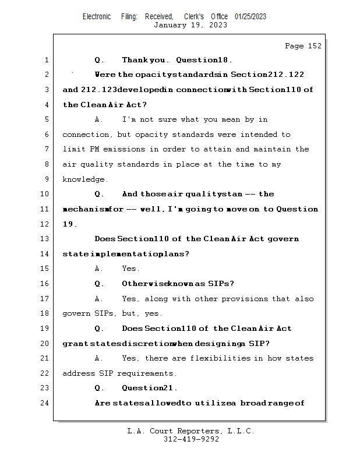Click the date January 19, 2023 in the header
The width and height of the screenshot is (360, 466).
[x=190, y=25]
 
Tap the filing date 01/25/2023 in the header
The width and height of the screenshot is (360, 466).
[x=250, y=16]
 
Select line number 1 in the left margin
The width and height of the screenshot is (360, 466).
[x=46, y=60]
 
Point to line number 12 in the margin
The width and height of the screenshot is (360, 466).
[x=44, y=224]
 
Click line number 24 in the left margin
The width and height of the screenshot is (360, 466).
[x=44, y=403]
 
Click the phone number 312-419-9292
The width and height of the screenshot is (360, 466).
[x=191, y=439]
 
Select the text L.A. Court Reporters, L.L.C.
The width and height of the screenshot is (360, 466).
[x=191, y=431]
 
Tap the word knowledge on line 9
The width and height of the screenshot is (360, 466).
[x=84, y=179]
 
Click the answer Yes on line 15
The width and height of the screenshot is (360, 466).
[x=130, y=269]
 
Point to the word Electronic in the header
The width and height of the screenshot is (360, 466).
[x=97, y=16]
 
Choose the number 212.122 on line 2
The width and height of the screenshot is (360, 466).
[x=284, y=75]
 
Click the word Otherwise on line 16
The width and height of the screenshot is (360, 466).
[x=143, y=284]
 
